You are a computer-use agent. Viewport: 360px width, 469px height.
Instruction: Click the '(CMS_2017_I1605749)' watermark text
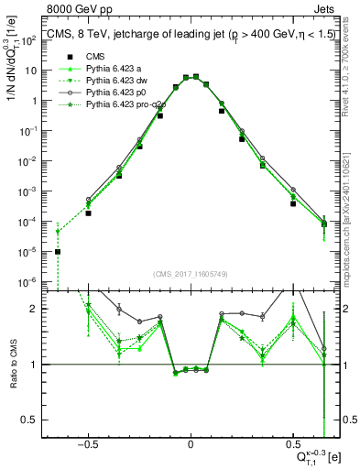point(190,274)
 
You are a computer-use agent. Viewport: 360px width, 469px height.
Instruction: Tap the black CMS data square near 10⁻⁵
point(58,252)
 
